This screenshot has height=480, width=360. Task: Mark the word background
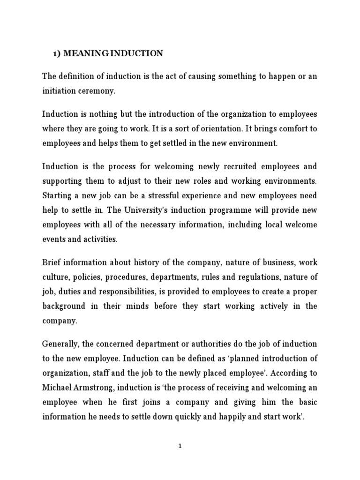(64, 306)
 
